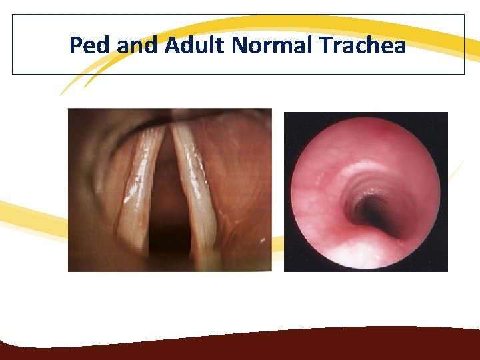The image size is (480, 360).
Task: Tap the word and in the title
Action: coord(137,45)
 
